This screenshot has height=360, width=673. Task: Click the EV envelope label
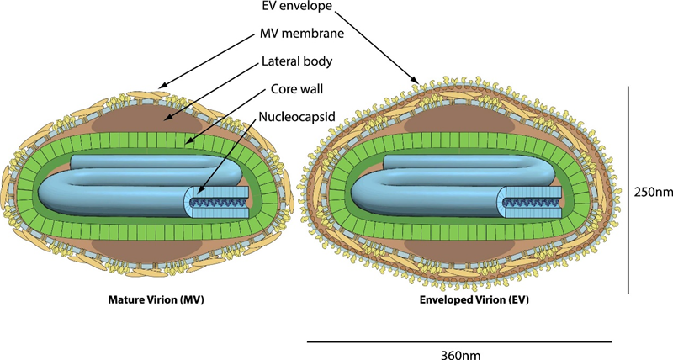(297, 6)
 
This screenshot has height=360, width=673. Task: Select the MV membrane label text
(302, 33)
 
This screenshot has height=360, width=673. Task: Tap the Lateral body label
(297, 61)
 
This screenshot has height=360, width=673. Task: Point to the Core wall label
(297, 89)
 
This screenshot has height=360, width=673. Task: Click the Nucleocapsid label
(297, 117)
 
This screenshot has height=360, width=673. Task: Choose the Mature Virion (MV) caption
(156, 299)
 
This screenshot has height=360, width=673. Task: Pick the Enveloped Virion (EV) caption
(474, 299)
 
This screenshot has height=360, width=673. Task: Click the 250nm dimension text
(654, 192)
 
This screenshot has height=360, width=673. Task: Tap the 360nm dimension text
(460, 354)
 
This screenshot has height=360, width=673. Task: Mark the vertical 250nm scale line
(628, 190)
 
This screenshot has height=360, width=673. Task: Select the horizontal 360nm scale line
(459, 342)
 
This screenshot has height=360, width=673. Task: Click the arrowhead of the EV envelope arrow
(416, 80)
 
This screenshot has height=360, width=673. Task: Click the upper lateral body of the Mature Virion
(146, 123)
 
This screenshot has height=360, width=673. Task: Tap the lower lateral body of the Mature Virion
(146, 249)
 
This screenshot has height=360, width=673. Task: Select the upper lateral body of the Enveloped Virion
(458, 123)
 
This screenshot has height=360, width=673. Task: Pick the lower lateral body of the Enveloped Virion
(458, 249)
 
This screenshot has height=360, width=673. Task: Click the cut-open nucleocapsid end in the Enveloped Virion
(532, 202)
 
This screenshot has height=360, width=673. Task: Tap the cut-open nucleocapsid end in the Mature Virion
(217, 202)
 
